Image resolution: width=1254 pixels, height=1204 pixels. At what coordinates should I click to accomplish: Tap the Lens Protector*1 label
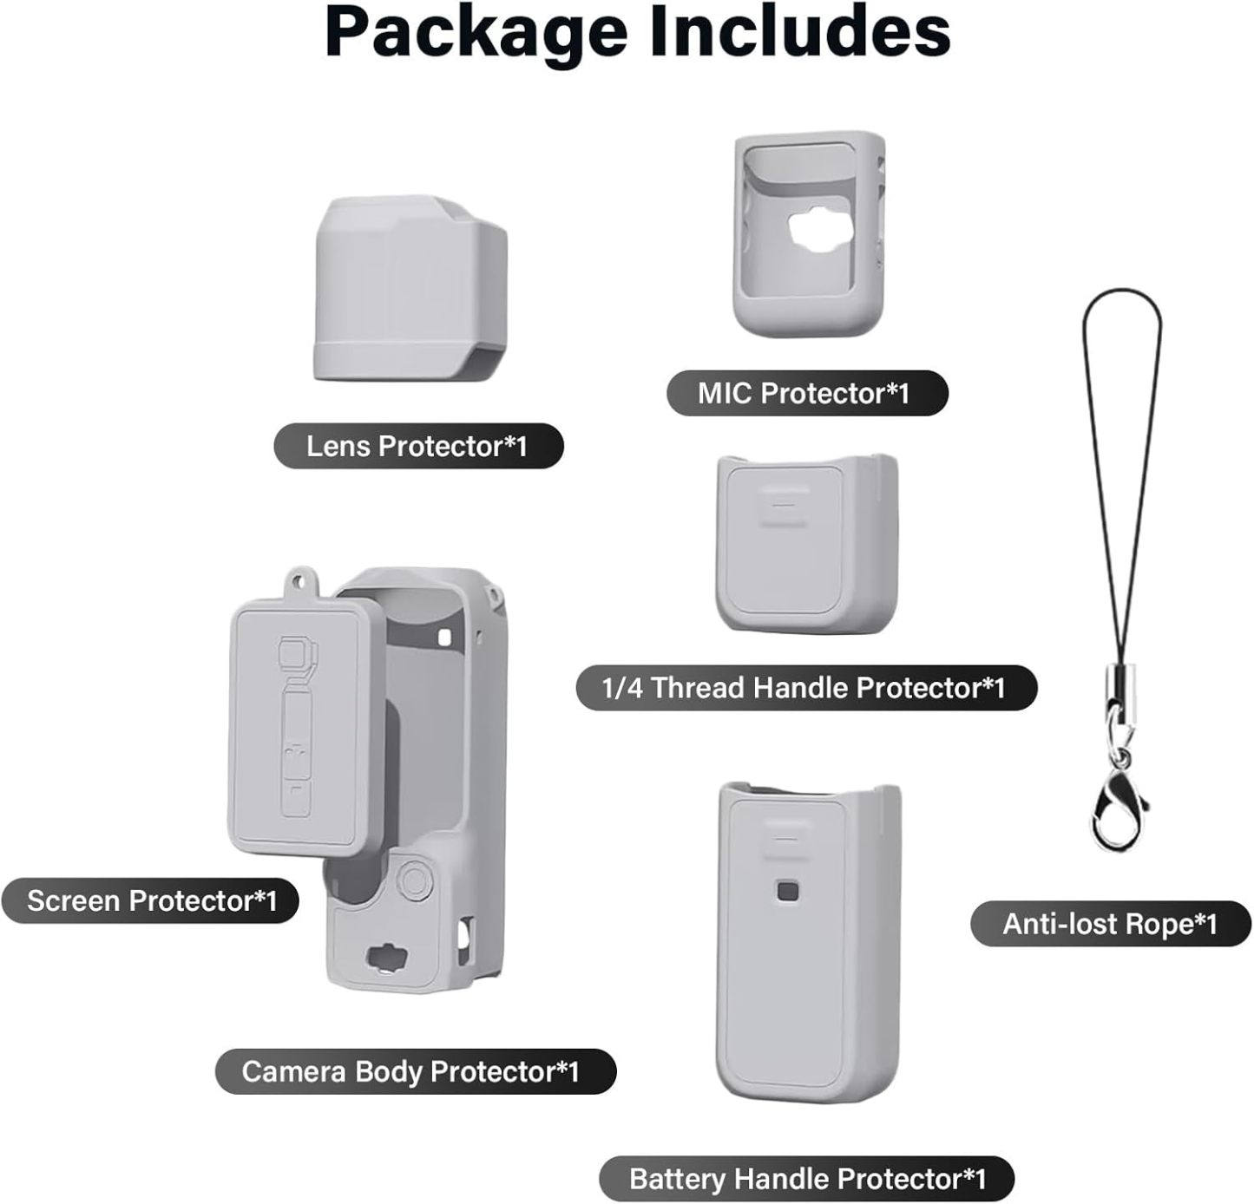coord(418,446)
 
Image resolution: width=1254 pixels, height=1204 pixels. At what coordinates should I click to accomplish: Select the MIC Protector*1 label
coord(807,393)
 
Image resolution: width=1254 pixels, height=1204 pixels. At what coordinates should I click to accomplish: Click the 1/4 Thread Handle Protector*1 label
coord(806,687)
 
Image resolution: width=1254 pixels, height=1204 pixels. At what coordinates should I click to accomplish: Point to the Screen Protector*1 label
coord(150,900)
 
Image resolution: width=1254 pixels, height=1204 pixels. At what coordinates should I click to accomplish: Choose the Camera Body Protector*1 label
coord(416,1071)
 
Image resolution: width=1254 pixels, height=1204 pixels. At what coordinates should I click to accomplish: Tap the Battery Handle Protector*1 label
coord(807,1178)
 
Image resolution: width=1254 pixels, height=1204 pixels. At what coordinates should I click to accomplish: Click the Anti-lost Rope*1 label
coord(1110,924)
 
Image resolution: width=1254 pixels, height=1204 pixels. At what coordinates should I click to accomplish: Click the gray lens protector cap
coord(410,289)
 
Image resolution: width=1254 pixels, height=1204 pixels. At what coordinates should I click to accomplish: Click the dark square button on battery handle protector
coord(787,893)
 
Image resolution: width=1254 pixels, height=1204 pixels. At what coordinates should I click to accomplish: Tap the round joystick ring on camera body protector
coord(415,878)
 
